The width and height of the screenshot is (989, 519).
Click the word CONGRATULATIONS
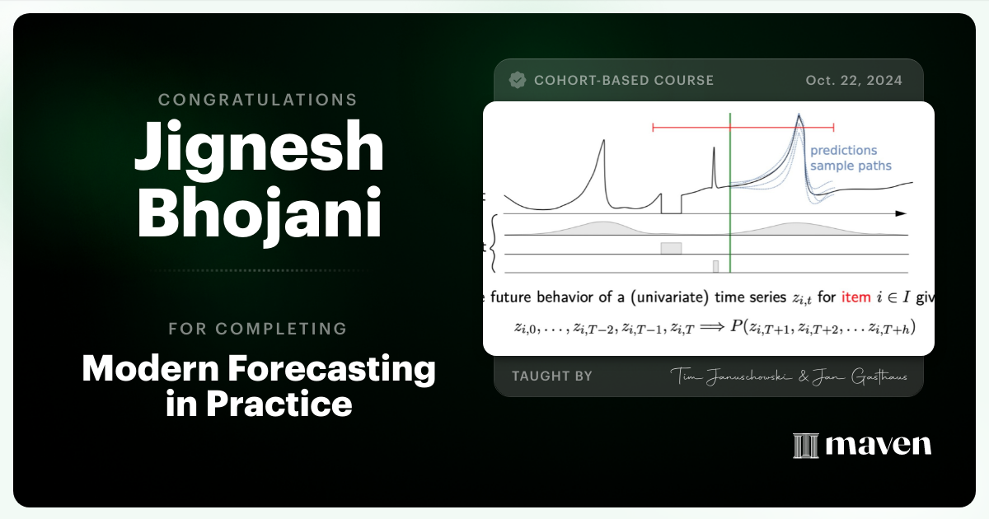pos(258,100)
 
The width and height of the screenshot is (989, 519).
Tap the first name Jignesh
pos(258,152)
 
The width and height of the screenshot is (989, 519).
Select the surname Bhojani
pos(258,212)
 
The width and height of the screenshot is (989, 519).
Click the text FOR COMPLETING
pos(258,329)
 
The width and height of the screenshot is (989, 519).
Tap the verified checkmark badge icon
pos(518,80)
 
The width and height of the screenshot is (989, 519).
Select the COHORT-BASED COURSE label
pos(624,80)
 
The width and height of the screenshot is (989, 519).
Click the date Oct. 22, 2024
pos(854,80)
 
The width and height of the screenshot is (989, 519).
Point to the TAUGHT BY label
pos(552,376)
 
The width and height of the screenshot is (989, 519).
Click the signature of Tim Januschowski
pos(726,376)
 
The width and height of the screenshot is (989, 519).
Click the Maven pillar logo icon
pos(804,446)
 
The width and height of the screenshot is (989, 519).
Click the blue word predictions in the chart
pos(843,151)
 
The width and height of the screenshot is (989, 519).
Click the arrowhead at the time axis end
pos(901,213)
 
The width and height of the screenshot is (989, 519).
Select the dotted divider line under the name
pos(258,270)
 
